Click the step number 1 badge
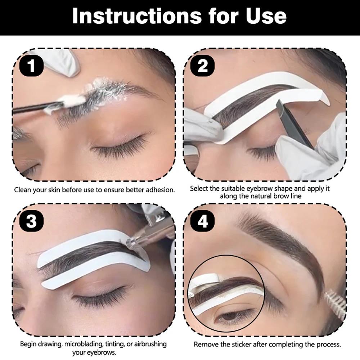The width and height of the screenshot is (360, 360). point(32,66)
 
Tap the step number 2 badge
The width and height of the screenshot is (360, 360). point(203,66)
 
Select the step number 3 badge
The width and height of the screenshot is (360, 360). point(32,221)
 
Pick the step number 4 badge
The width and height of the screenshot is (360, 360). point(203,221)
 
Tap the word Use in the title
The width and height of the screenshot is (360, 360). point(266,16)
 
